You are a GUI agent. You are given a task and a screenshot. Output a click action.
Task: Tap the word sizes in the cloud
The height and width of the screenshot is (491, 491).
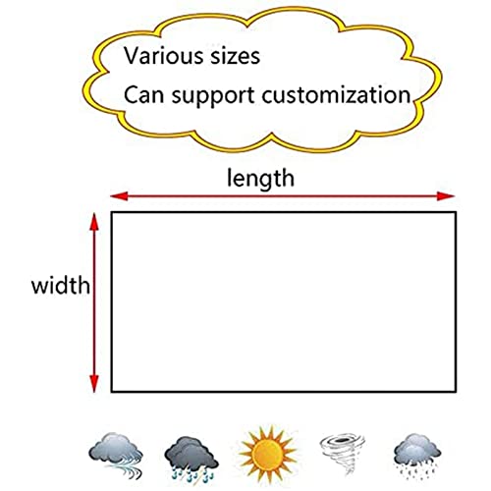point(235,56)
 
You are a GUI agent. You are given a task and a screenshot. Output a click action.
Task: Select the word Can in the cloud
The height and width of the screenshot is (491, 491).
point(143,94)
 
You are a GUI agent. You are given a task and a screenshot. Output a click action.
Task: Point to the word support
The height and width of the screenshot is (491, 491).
point(213,96)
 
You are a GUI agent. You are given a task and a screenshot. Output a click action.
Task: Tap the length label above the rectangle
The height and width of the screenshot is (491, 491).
point(260,179)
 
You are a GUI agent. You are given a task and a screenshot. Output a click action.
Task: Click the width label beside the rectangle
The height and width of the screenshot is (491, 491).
point(61,285)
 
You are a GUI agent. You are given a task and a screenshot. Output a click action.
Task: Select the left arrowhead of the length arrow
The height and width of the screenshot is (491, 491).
point(119,196)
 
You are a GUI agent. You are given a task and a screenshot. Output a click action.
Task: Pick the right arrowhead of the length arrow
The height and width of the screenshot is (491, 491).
point(446,196)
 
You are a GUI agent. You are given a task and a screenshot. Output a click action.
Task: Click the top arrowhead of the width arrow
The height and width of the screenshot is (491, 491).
point(94,222)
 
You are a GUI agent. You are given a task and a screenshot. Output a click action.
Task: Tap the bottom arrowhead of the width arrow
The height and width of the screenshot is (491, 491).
point(94,383)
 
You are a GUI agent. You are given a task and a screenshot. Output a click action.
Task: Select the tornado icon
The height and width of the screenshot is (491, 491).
point(343,455)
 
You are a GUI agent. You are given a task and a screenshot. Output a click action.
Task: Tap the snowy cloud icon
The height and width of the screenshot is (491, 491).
point(417,456)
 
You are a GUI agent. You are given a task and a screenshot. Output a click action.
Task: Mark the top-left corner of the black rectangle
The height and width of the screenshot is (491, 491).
point(112,212)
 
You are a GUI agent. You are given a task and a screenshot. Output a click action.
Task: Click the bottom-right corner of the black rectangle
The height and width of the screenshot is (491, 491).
point(456,391)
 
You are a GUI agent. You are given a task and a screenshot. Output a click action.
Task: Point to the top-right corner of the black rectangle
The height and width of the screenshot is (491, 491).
point(456,212)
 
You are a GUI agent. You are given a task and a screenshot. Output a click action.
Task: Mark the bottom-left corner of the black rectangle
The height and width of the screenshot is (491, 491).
point(112,391)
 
